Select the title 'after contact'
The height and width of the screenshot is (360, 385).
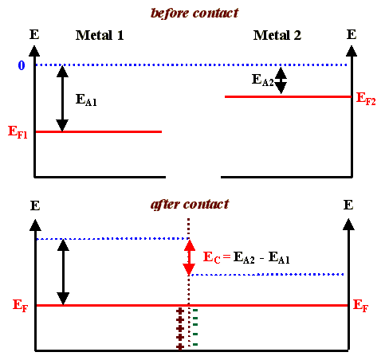[190, 204]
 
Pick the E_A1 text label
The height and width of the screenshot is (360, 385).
[85, 100]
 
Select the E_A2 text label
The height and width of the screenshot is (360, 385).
[262, 80]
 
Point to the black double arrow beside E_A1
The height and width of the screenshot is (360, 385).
[61, 98]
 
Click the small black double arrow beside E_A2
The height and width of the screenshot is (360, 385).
[281, 80]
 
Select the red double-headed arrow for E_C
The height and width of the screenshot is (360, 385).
[189, 256]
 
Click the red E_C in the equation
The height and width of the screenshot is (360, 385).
[210, 258]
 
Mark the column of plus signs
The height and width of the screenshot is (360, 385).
[180, 328]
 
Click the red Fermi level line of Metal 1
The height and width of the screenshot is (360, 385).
[100, 131]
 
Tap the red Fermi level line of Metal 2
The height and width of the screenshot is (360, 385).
[287, 96]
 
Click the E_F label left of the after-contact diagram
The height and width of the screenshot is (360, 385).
[20, 305]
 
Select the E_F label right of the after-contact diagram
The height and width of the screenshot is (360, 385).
[360, 305]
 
